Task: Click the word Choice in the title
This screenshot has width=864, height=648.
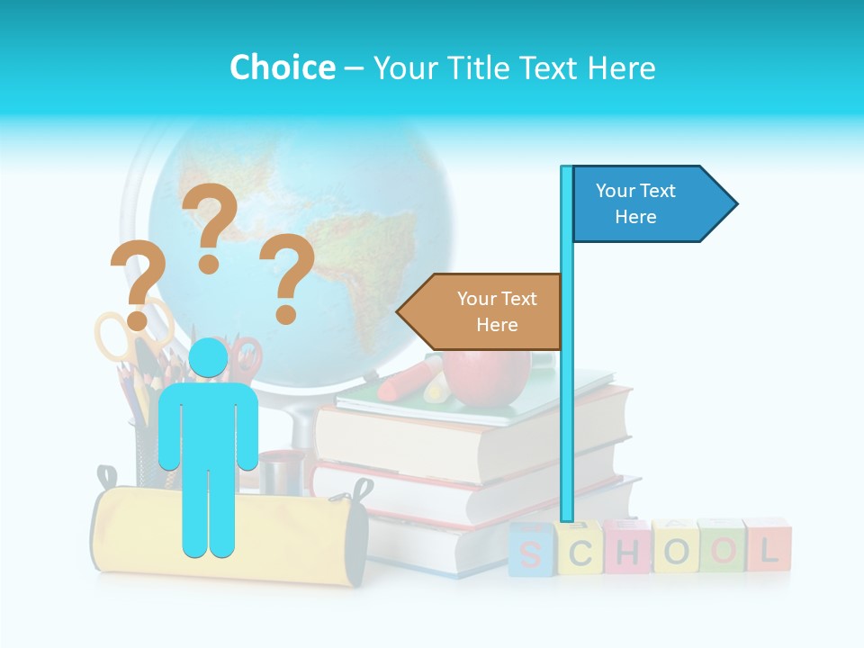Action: point(282,67)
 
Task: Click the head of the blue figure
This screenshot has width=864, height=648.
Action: point(209,359)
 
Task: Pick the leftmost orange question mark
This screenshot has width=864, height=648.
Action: point(138,283)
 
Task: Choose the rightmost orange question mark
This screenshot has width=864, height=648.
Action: point(287,276)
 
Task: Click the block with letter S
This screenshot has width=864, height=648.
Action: point(532,550)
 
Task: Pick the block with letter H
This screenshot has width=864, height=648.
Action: point(627,547)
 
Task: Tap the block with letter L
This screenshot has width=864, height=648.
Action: point(768,545)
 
